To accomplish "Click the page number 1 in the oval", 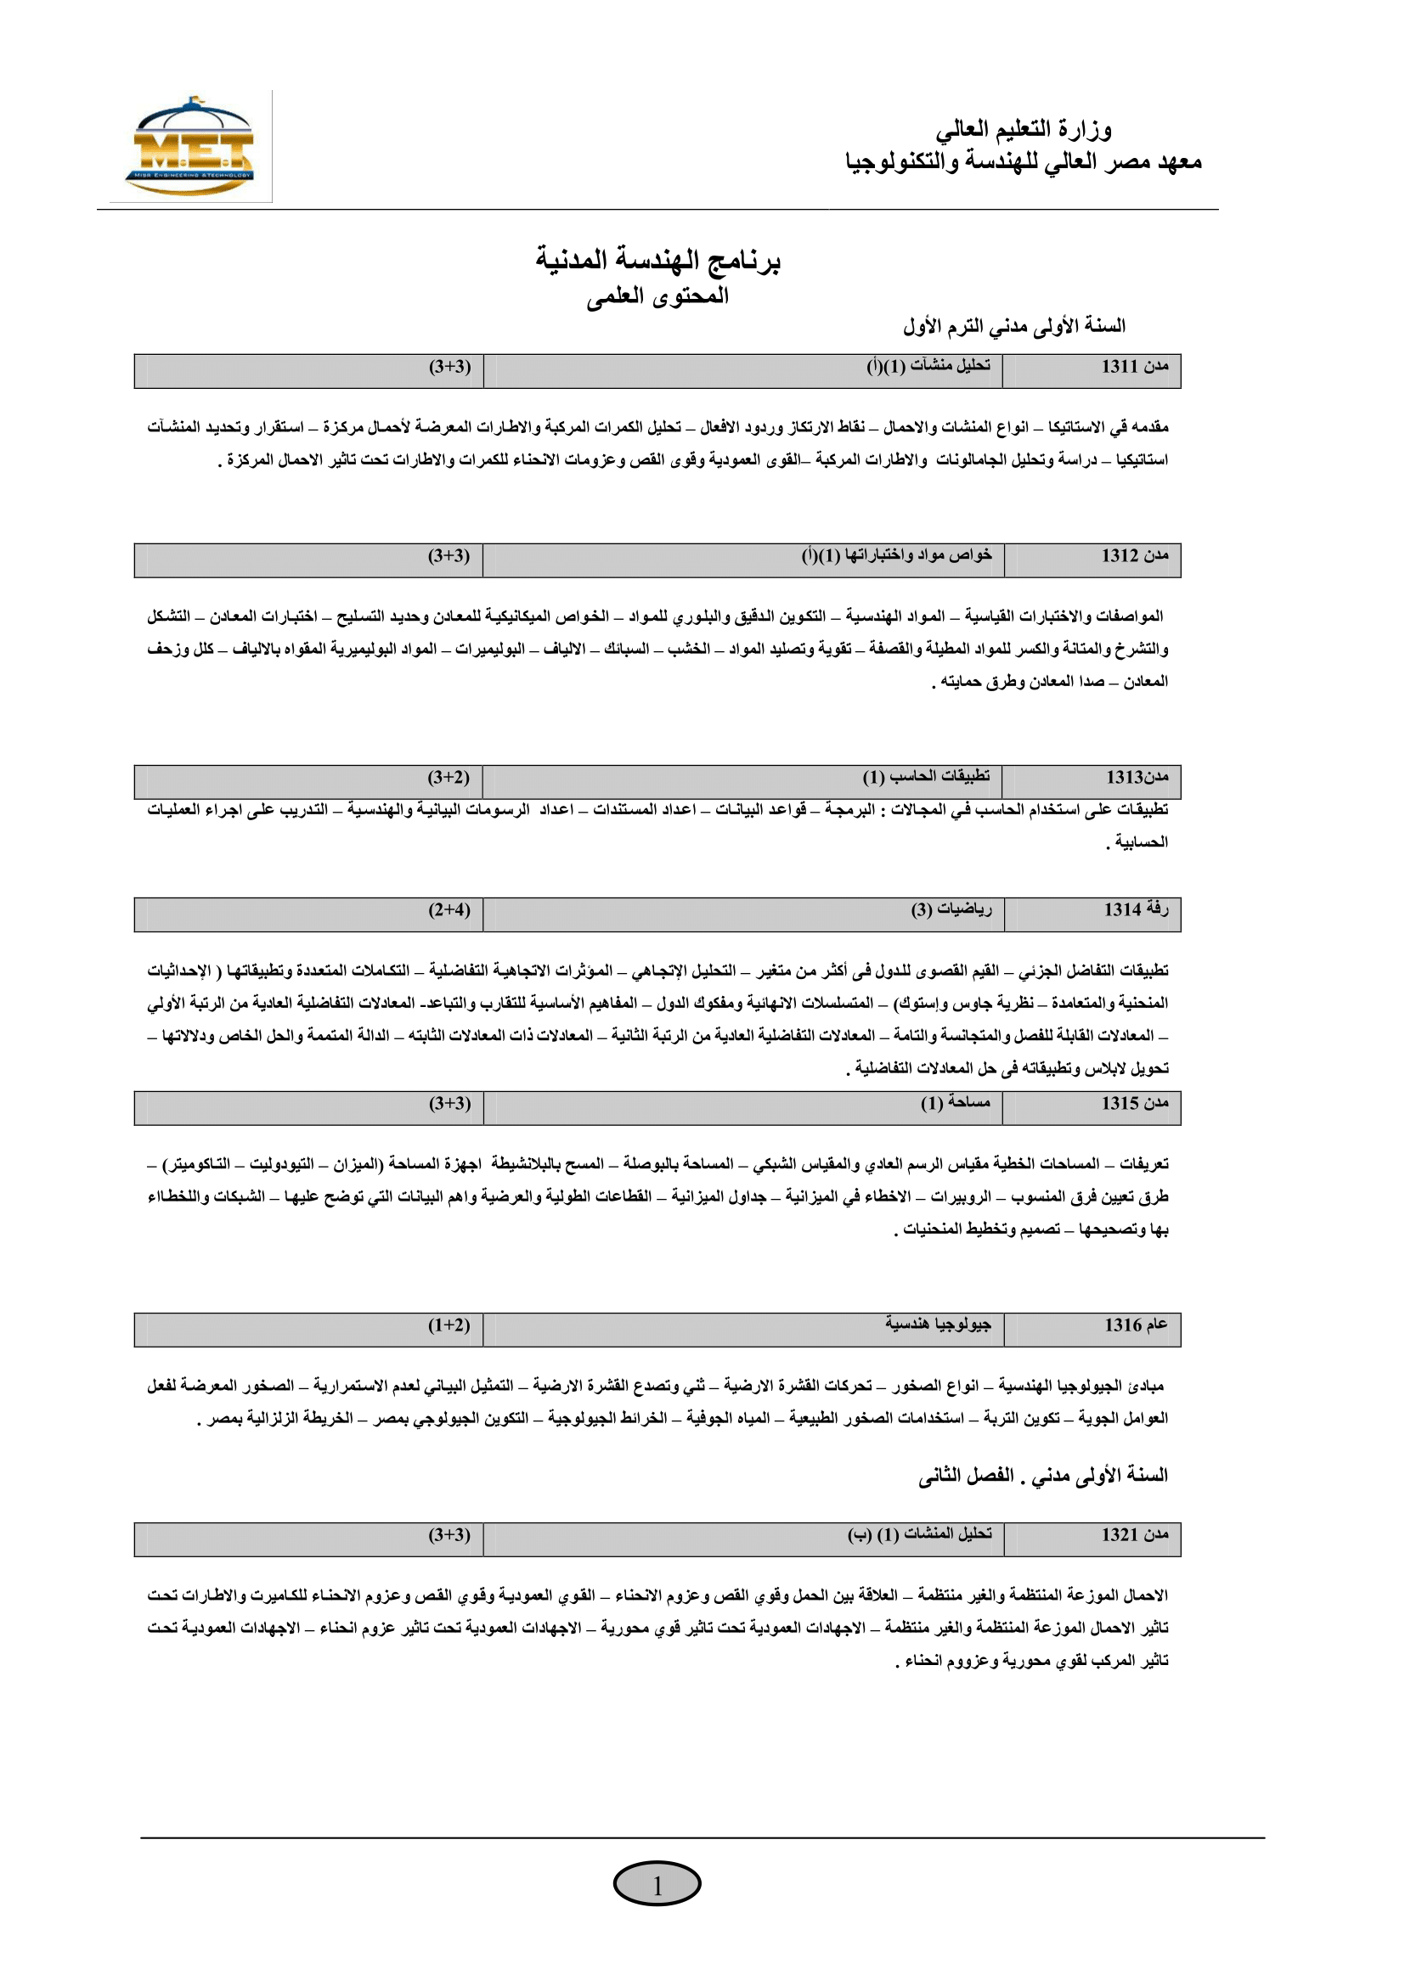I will coord(657,1886).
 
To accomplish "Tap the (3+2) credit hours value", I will coord(449,778).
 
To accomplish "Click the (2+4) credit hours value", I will coord(449,910).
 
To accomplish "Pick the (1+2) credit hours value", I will coord(449,1325).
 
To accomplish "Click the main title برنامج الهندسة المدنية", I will coord(657,261).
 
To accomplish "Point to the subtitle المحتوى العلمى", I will coord(657,296).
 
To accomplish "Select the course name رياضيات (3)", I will coord(951,910).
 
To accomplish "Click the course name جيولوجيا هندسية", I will coord(938,1325).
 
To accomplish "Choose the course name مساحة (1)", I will coord(955,1104).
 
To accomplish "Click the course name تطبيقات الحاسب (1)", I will coord(926,778).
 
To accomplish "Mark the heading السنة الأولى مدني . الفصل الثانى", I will coord(1042,1476).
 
